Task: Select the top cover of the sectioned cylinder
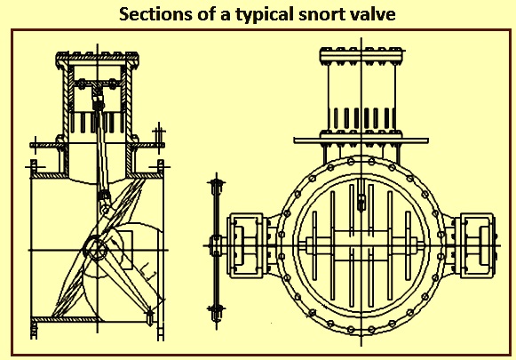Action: (97, 60)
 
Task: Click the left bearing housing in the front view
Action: (246, 245)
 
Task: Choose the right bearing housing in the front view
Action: (476, 245)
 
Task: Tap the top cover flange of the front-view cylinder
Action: (361, 55)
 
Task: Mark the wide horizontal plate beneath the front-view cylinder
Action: (361, 140)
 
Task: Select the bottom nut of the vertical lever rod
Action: (216, 310)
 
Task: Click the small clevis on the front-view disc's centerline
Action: (361, 203)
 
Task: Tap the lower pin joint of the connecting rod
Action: (105, 208)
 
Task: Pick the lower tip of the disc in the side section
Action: (150, 316)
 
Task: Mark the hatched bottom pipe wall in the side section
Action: (66, 319)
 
